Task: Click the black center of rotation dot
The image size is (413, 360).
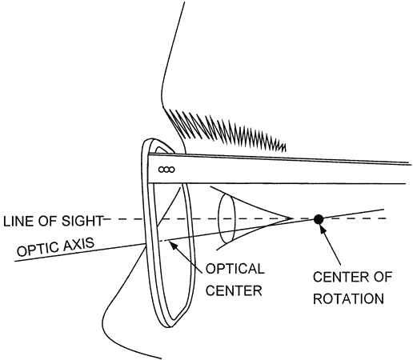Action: [319, 219]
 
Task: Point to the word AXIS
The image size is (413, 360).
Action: [78, 244]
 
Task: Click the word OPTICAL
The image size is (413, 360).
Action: [235, 269]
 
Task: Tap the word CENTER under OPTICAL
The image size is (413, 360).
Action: [234, 290]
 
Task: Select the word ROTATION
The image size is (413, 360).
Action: [348, 298]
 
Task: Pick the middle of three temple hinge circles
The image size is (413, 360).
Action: [166, 170]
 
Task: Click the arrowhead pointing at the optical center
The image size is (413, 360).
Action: [174, 245]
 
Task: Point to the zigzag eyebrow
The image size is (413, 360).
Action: [227, 130]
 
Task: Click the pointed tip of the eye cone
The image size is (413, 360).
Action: [292, 219]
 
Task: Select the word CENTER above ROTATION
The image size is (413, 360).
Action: [340, 277]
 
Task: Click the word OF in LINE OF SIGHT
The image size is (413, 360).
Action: [47, 222]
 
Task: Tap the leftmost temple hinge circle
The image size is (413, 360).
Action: [162, 170]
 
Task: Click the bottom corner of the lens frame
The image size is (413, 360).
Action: [168, 326]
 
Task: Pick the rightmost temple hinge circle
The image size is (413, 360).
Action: [172, 170]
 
